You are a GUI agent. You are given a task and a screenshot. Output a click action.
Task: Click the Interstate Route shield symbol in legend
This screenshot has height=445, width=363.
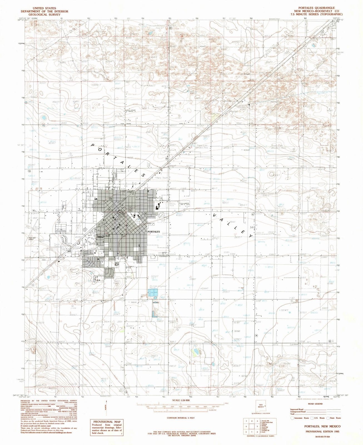coord(292,418)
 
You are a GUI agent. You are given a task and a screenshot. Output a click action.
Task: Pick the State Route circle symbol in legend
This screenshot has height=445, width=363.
coord(328,418)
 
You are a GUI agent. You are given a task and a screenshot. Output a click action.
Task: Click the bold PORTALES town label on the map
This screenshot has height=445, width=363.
coord(154,232)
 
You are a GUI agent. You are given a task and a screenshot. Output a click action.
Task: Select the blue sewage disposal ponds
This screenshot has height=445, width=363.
coord(153,292)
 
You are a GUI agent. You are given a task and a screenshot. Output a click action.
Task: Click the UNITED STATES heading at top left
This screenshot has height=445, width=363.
coord(44,8)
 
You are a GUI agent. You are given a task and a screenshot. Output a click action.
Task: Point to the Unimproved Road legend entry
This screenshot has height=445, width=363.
coord(298,411)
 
